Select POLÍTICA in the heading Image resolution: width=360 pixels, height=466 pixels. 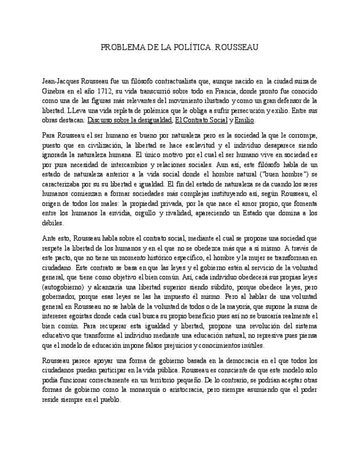[x=188, y=48]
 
